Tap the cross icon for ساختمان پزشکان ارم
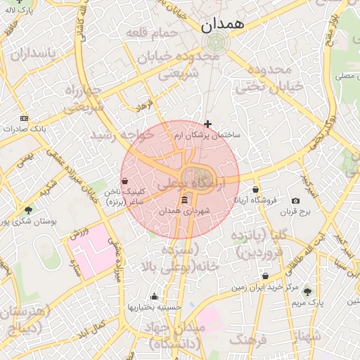coord(207,124)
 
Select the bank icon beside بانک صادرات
coord(25,118)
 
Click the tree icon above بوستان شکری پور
coord(28,210)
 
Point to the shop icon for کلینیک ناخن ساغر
coord(124,181)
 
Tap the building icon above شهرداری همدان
coord(184,202)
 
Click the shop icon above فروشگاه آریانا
coord(255,189)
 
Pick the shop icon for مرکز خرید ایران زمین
coord(265,276)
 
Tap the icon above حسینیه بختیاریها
coord(154,296)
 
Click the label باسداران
coord(27,53)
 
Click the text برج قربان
coord(295,212)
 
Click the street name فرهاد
coord(146,106)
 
